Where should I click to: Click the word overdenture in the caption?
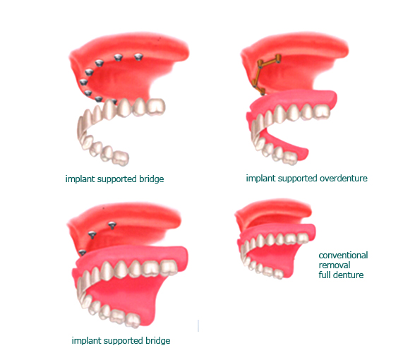(x=344, y=179)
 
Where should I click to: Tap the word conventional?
(x=343, y=256)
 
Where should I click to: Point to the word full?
(x=324, y=275)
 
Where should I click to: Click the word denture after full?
(x=347, y=275)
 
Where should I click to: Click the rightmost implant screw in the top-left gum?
(x=138, y=57)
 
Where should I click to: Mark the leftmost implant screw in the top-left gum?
(x=83, y=82)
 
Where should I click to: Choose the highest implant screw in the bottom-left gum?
(x=112, y=226)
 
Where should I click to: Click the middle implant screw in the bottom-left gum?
(x=92, y=235)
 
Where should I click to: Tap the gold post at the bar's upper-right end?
(x=278, y=58)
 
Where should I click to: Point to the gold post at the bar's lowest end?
(x=262, y=92)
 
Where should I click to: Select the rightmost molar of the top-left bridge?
(x=156, y=107)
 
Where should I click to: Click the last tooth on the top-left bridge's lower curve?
(x=121, y=159)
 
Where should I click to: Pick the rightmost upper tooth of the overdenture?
(x=322, y=112)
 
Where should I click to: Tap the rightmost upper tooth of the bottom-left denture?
(x=169, y=268)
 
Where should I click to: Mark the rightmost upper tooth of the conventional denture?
(x=302, y=239)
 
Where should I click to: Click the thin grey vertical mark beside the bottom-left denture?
(x=198, y=326)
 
